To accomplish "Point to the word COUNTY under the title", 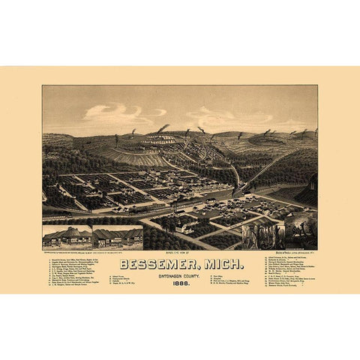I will (196, 274).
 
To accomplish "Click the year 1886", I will (180, 283).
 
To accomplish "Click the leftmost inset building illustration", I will (67, 237).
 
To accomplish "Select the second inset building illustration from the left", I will (118, 237).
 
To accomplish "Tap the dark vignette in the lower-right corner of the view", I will (300, 232).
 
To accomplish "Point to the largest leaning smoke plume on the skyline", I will (161, 128).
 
